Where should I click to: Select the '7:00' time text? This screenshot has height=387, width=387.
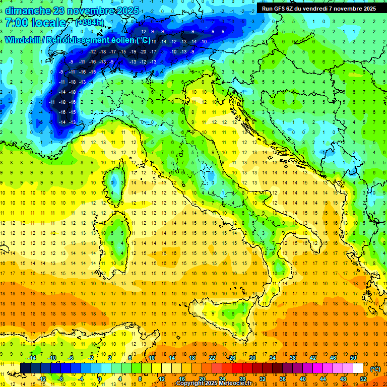[16, 23]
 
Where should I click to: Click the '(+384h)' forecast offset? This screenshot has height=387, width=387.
[90, 23]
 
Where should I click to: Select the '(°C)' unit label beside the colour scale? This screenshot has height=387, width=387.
[376, 369]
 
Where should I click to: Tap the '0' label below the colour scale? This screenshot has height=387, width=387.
[100, 378]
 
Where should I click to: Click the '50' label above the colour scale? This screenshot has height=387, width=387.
[354, 358]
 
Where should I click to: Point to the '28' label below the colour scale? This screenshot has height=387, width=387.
[242, 378]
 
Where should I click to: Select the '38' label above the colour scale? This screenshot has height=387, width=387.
[292, 358]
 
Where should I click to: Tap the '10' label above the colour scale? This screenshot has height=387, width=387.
[152, 358]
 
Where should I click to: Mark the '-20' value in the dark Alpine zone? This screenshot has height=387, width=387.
[144, 51]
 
